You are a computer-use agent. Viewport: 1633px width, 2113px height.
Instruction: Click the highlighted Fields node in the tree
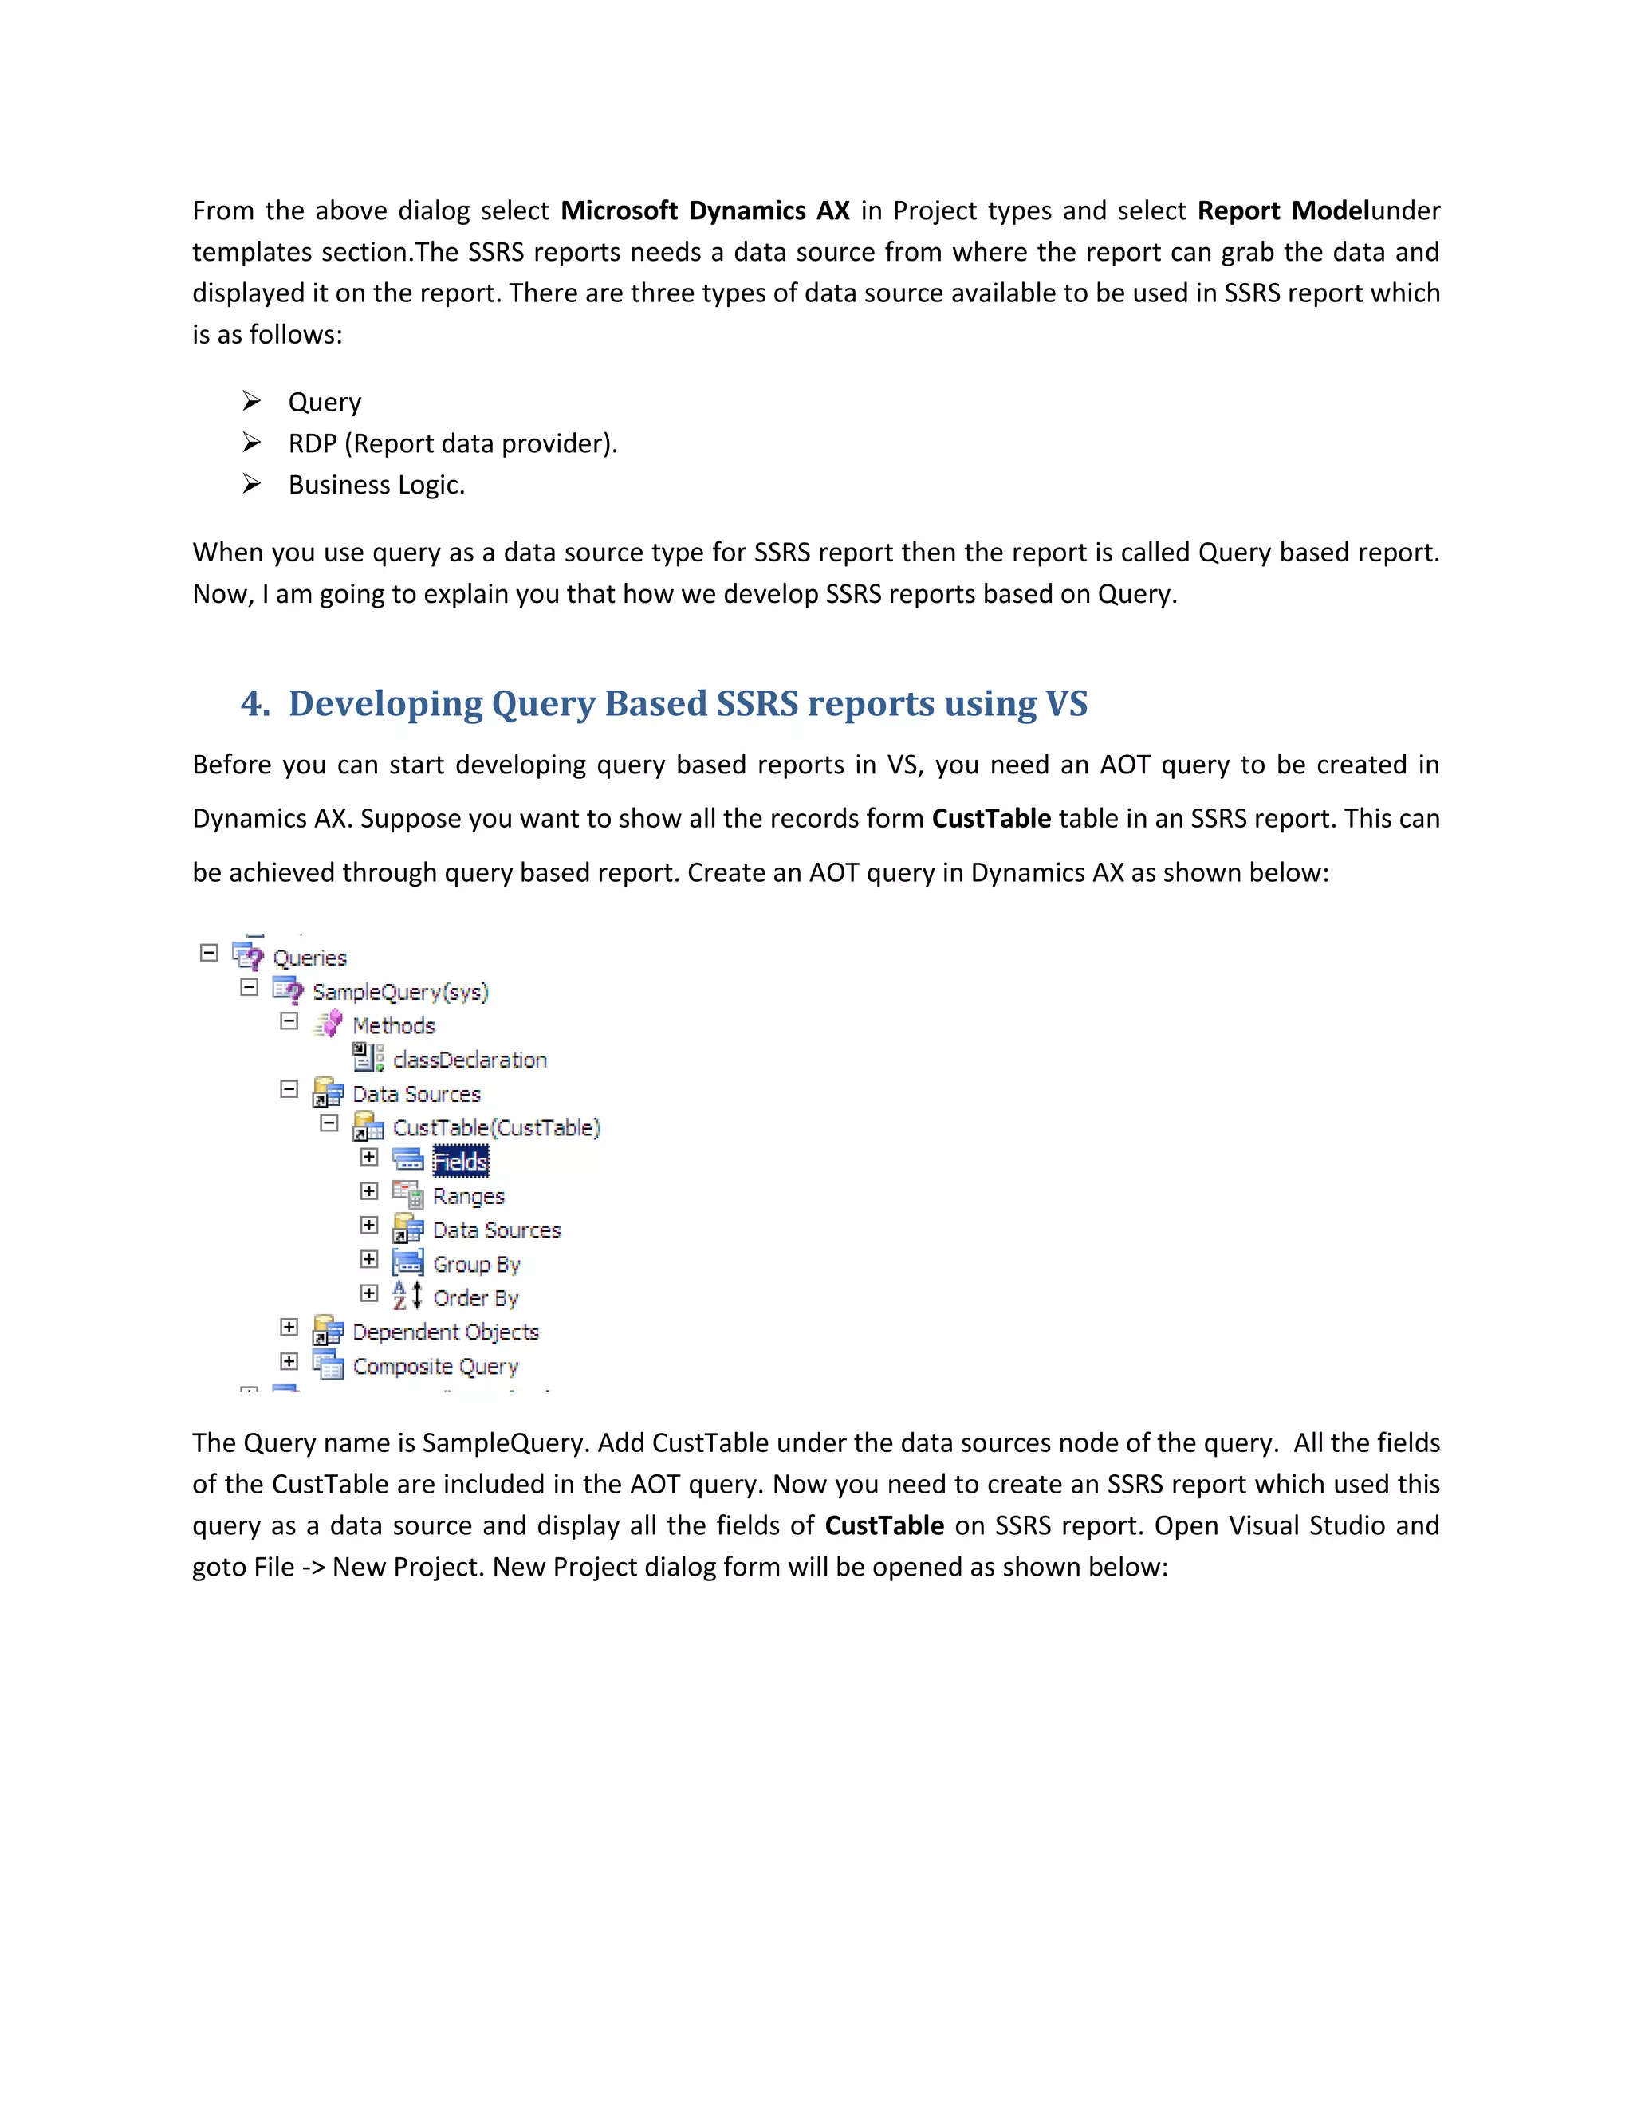point(461,1161)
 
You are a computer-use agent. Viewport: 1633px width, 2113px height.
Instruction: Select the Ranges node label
point(468,1196)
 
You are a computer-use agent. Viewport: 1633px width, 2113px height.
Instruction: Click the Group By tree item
point(476,1264)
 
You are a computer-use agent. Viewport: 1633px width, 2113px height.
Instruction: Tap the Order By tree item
point(475,1297)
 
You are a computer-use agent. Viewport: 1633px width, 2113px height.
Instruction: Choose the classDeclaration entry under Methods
point(469,1060)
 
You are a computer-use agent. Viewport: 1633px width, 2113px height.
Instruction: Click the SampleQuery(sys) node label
point(399,992)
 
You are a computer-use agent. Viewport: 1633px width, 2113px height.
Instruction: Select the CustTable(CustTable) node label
point(496,1127)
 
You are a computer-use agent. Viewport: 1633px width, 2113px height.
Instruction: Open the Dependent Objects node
point(445,1332)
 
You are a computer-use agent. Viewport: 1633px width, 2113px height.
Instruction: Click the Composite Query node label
point(435,1366)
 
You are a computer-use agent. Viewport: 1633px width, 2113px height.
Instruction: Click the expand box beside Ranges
point(368,1191)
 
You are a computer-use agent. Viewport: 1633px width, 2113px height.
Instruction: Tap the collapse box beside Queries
point(209,953)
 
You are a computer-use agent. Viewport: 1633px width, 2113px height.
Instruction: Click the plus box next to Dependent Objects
point(289,1327)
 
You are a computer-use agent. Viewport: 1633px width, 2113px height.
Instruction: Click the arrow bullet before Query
point(251,400)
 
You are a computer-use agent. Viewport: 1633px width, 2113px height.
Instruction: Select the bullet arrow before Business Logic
point(251,484)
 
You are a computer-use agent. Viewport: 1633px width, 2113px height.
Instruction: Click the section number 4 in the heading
point(254,703)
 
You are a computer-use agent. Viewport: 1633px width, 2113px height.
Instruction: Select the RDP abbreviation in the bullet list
point(312,443)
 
